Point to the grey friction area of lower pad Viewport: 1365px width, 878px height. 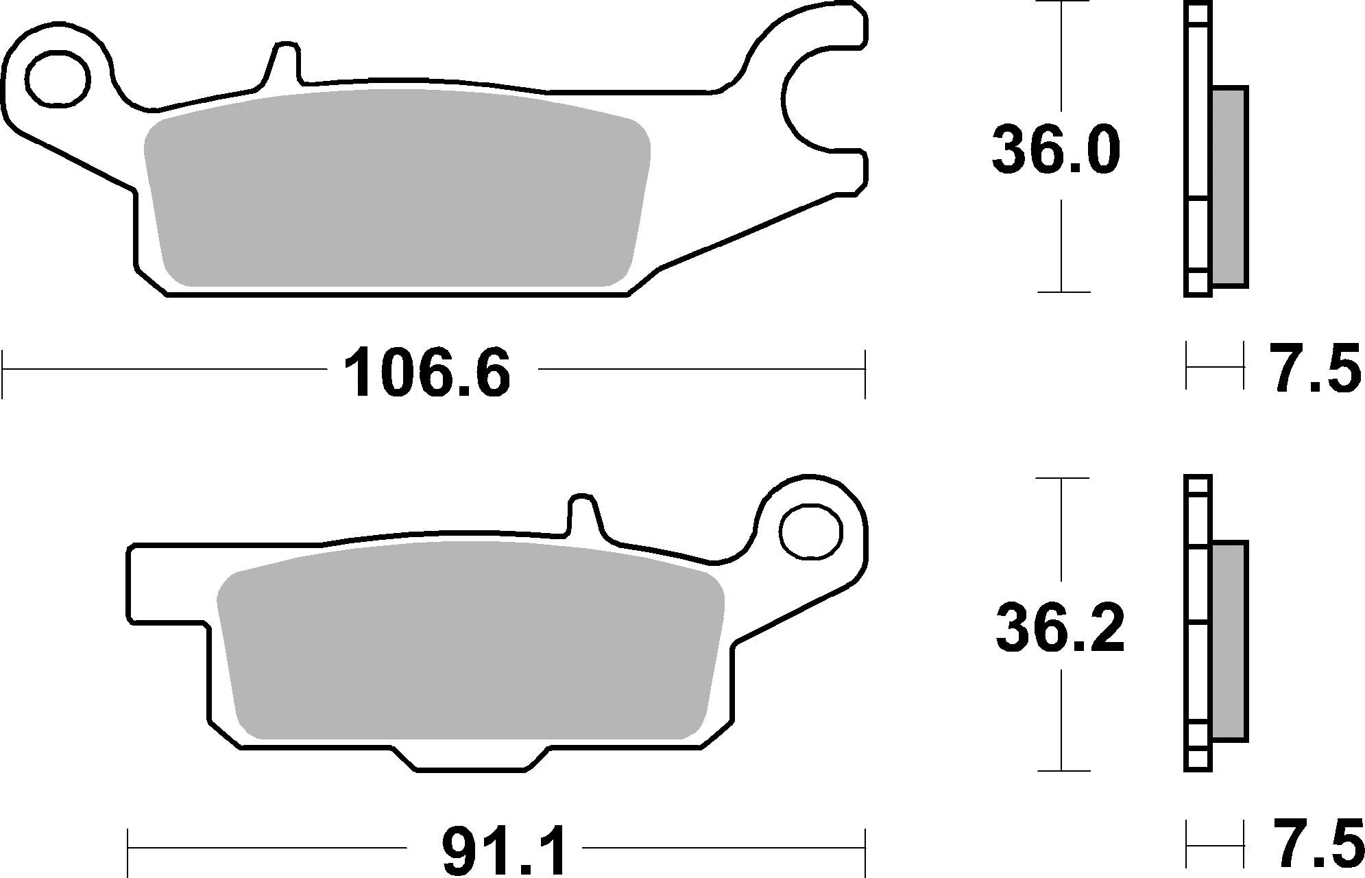470,641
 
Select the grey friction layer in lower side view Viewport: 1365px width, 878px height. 1229,641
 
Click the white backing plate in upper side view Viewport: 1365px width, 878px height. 1198,137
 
